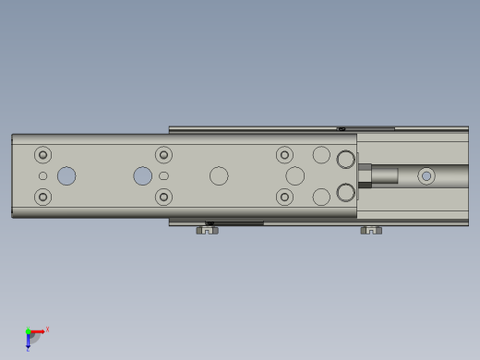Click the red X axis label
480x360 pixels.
[47, 329]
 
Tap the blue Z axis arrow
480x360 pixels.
[29, 342]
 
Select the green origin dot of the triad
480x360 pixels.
[29, 331]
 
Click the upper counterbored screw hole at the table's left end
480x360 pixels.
[42, 155]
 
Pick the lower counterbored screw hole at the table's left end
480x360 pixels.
[42, 197]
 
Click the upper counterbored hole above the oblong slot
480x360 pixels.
[163, 155]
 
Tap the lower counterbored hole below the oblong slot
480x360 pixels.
[163, 197]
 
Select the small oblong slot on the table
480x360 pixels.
[163, 175]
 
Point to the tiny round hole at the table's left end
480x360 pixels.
[42, 175]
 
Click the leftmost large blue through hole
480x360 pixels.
[66, 175]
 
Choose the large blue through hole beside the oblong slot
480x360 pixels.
[142, 175]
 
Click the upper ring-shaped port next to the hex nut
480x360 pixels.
[345, 160]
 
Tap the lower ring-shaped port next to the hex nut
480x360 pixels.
[345, 192]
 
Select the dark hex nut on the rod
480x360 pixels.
[365, 175]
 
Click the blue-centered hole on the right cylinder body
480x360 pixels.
[426, 175]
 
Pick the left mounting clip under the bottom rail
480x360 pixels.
[207, 230]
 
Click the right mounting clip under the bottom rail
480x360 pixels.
[370, 230]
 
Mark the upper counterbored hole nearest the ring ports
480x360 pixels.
[285, 155]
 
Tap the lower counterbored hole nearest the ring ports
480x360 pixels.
[285, 197]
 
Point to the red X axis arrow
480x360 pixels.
[39, 330]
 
